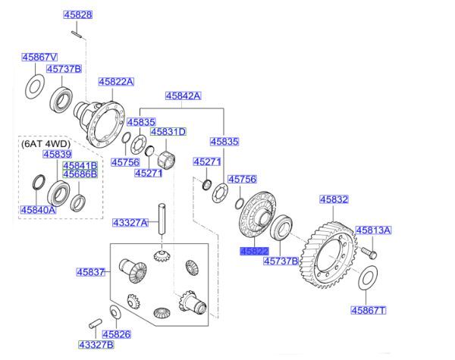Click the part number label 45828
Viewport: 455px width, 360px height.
click(77, 15)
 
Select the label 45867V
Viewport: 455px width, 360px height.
click(39, 57)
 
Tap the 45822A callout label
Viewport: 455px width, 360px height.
click(116, 82)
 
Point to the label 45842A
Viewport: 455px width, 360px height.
click(184, 95)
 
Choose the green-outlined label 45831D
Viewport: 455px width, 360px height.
click(168, 131)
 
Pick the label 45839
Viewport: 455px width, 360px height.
click(56, 154)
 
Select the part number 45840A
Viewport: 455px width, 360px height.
click(39, 210)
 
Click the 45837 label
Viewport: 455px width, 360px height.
click(89, 272)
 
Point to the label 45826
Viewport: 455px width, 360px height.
click(117, 333)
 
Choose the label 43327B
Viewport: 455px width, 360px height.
click(95, 345)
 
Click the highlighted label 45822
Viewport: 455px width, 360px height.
click(254, 250)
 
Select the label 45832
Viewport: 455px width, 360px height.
click(334, 199)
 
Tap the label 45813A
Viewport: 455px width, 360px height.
click(373, 230)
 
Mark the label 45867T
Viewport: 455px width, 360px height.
click(369, 310)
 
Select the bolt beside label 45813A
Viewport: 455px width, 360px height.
click(369, 249)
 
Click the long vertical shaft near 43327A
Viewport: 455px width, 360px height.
click(162, 219)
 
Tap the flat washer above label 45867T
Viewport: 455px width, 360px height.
click(366, 278)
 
